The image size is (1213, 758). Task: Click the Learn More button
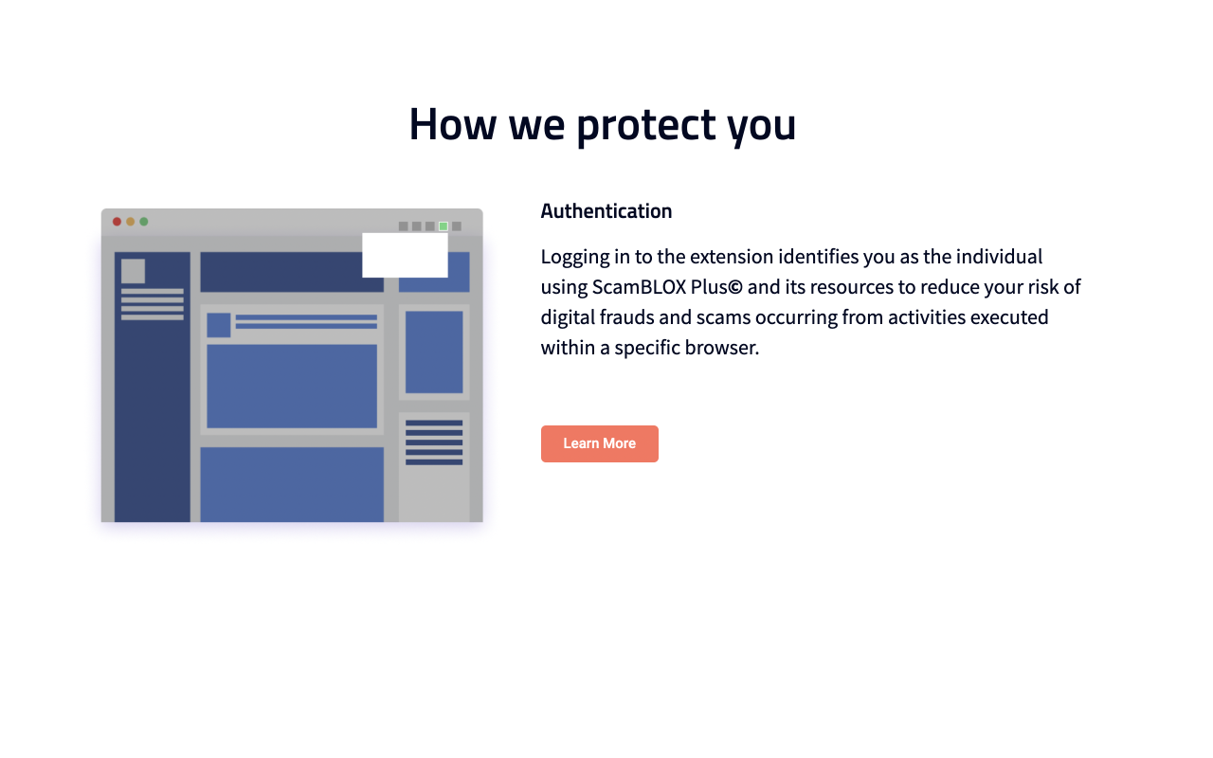tap(599, 443)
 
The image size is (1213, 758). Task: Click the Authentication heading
tap(606, 211)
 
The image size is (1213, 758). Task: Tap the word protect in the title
tap(645, 124)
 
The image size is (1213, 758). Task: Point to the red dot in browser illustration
tap(117, 222)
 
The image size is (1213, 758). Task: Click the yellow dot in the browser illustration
tap(130, 222)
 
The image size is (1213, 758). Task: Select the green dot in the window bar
tap(143, 222)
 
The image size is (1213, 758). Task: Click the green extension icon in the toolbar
tap(443, 226)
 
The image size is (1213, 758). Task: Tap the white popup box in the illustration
tap(405, 255)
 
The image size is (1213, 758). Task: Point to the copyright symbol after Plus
tap(735, 287)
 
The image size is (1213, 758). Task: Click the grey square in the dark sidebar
tap(133, 271)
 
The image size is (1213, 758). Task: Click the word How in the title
tap(452, 124)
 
